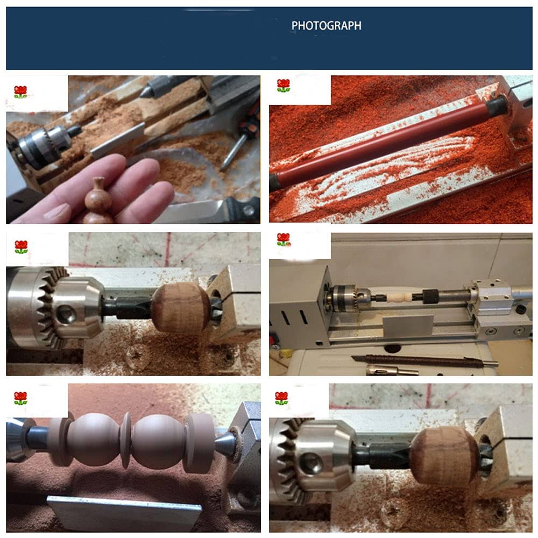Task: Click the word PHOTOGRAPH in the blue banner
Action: tap(326, 26)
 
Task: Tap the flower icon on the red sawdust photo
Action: tap(284, 86)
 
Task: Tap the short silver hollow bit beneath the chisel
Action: tap(391, 371)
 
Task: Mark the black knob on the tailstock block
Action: tap(521, 310)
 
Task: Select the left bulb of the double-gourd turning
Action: tap(94, 438)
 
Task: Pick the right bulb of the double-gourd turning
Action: tap(158, 441)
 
